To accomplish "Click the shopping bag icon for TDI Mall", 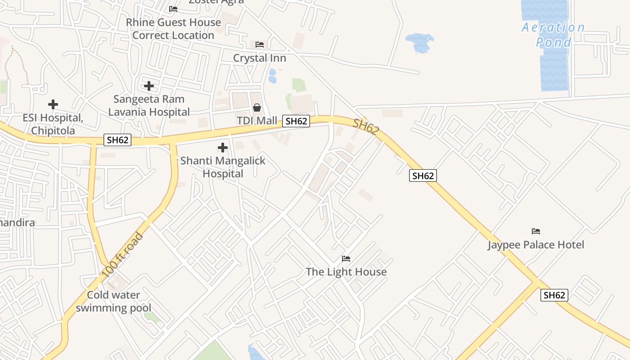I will (x=257, y=108).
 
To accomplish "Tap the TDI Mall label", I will (x=257, y=121).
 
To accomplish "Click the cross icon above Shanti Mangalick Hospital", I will (x=222, y=147).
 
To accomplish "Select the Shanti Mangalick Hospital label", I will (x=223, y=167).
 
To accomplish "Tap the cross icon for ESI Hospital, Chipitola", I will (x=53, y=104).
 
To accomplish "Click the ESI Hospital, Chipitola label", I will (x=53, y=124).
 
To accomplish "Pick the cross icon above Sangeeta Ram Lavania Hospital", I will (x=149, y=85).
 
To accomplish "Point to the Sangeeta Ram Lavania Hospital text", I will (x=149, y=105).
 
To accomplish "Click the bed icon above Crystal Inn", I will (x=260, y=44).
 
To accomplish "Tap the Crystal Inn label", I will (x=260, y=58).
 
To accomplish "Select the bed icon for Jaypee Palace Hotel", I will (x=535, y=231).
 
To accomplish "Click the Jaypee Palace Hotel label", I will (x=535, y=245).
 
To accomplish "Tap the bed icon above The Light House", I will (x=346, y=258).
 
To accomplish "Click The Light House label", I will (x=346, y=272).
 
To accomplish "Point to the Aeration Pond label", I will (x=553, y=35).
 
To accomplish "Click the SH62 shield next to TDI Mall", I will (x=296, y=121).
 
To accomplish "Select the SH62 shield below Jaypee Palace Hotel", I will (x=554, y=295).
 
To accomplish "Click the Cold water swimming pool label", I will (x=113, y=301).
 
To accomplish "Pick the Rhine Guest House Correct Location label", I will (x=173, y=29).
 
